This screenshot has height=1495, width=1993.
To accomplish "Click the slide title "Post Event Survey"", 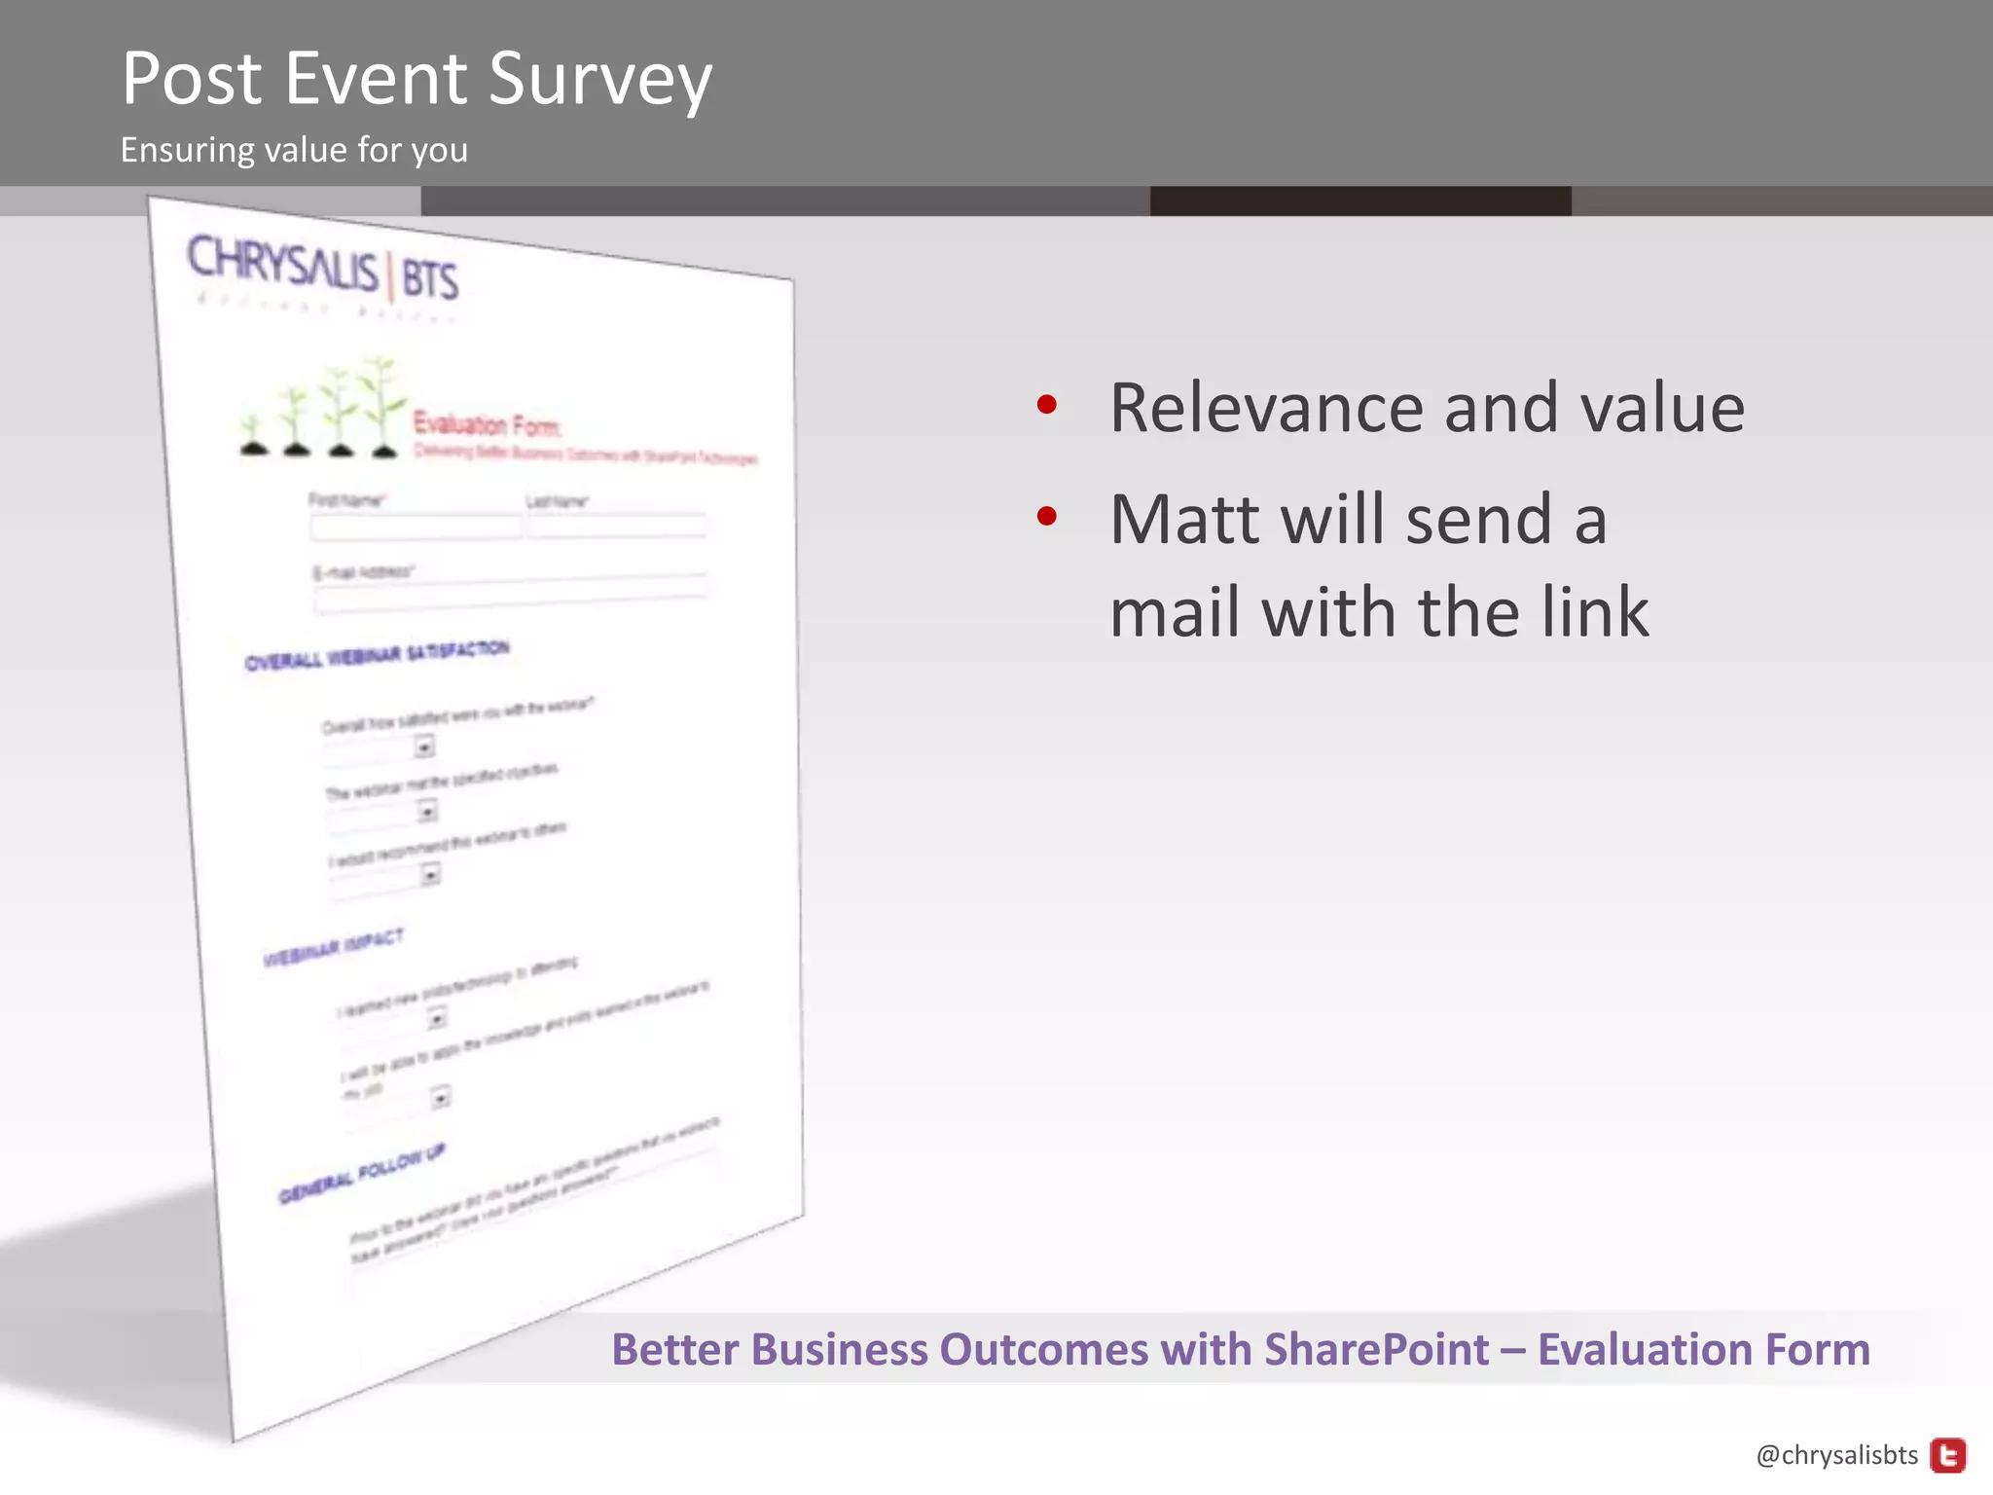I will coord(417,80).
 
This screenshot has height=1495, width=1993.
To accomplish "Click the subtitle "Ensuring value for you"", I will coord(294,151).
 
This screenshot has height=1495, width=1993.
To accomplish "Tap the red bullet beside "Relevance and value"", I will coord(1046,404).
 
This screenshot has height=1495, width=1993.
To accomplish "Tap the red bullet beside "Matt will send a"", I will coord(1046,515).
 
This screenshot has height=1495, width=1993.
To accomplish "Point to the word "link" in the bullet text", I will coord(1595,613).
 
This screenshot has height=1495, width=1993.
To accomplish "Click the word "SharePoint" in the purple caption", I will coord(1376,1350).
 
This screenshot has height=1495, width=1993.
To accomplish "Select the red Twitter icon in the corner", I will coord(1947,1455).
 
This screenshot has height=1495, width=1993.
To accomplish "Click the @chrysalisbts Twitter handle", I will coord(1836,1455).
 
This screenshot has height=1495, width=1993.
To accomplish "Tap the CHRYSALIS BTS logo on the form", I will coord(322,269).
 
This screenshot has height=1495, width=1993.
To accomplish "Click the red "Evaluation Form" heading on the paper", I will coord(487,425).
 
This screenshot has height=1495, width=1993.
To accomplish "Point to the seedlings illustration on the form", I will coord(321,409).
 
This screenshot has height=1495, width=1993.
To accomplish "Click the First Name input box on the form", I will coord(416,528).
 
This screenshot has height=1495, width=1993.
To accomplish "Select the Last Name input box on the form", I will coord(616,527).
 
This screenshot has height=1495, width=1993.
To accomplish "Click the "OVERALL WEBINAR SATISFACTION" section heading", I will coord(377,655).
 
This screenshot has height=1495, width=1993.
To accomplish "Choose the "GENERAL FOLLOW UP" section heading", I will coord(361,1174).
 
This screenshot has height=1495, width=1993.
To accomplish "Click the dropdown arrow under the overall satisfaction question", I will coord(424,747).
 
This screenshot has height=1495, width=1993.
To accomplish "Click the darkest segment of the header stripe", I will coord(1359,201).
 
